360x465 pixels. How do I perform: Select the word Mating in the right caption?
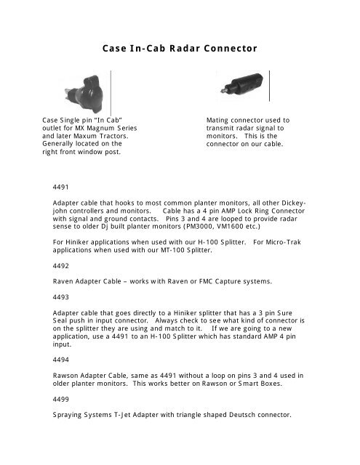tap(220, 119)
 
